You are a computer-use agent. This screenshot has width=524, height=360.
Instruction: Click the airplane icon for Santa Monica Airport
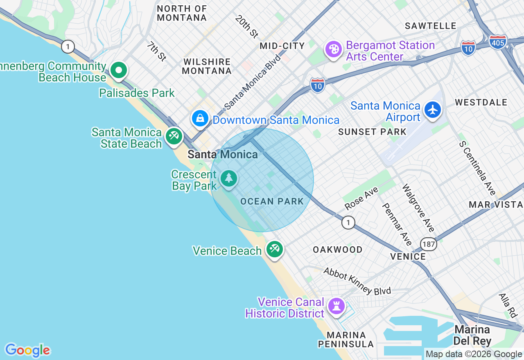point(433,110)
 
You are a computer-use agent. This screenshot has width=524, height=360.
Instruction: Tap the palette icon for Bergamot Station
point(334,49)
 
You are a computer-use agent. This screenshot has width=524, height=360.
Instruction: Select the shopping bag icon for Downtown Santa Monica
point(200,119)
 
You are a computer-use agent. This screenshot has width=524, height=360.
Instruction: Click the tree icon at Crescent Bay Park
point(229,178)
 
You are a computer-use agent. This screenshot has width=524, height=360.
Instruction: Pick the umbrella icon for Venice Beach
point(274,249)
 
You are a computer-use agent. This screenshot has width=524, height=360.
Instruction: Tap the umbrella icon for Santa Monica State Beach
point(174,136)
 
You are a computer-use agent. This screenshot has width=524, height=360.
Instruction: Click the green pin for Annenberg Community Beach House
point(119,70)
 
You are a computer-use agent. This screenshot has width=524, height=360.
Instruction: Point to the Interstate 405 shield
point(497,42)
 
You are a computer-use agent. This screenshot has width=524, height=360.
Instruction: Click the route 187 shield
point(429,245)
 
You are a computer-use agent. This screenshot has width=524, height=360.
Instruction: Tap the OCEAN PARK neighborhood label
point(272,201)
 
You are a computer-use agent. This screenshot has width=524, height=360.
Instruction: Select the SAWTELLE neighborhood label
point(430,26)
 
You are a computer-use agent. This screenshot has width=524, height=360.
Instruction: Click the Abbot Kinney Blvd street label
point(357,281)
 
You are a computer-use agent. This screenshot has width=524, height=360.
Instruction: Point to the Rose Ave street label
point(361,198)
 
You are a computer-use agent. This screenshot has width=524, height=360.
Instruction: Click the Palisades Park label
point(137,93)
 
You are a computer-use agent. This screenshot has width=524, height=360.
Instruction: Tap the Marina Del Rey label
point(472,335)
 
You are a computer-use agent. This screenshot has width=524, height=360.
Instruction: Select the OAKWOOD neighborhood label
point(337,250)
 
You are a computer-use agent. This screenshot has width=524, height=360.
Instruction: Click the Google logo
point(27,350)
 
